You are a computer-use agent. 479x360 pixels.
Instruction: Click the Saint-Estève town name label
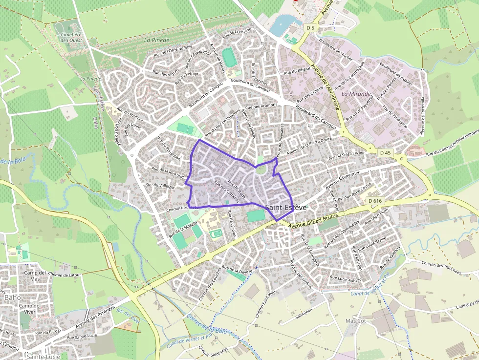[286, 208]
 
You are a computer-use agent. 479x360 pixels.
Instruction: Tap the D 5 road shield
[310, 28]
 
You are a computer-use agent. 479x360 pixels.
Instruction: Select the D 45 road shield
[386, 152]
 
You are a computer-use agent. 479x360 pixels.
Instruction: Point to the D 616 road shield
[375, 201]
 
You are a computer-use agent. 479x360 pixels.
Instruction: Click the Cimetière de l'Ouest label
[71, 38]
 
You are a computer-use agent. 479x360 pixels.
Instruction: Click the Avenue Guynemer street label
[343, 179]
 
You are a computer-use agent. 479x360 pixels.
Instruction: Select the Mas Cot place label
[355, 321]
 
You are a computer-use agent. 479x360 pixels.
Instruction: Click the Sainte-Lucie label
[44, 357]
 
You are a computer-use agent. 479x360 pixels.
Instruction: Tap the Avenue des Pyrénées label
[95, 318]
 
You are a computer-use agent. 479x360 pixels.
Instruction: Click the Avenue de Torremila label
[423, 115]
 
